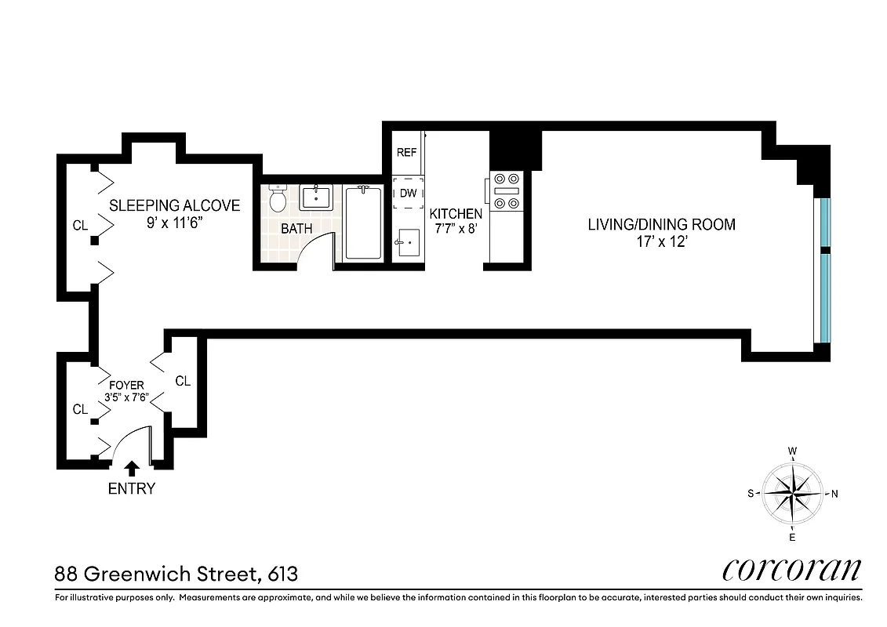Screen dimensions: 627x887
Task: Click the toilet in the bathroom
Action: [x=277, y=199]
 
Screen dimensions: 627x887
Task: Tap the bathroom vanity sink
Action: [x=318, y=198]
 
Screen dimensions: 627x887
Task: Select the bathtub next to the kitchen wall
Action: [x=363, y=223]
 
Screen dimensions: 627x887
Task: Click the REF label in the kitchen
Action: [x=406, y=153]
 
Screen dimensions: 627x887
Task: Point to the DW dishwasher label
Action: [x=408, y=193]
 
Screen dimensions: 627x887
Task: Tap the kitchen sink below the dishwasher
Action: [x=408, y=242]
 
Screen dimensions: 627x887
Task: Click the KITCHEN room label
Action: [x=456, y=213]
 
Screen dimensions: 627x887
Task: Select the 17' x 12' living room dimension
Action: [x=662, y=243]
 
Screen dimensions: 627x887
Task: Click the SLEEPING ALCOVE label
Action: [x=174, y=205]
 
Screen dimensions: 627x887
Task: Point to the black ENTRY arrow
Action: [x=132, y=469]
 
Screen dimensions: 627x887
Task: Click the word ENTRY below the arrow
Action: [x=132, y=489]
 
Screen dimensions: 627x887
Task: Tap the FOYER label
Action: [x=126, y=386]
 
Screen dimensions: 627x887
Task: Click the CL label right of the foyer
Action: [x=183, y=382]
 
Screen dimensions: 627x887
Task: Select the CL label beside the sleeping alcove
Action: [x=80, y=226]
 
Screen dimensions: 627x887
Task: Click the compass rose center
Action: [x=793, y=494]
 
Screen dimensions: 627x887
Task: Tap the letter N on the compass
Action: [x=834, y=494]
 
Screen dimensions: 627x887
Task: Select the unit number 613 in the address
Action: [x=282, y=574]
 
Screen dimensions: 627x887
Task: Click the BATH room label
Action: [x=296, y=229]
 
